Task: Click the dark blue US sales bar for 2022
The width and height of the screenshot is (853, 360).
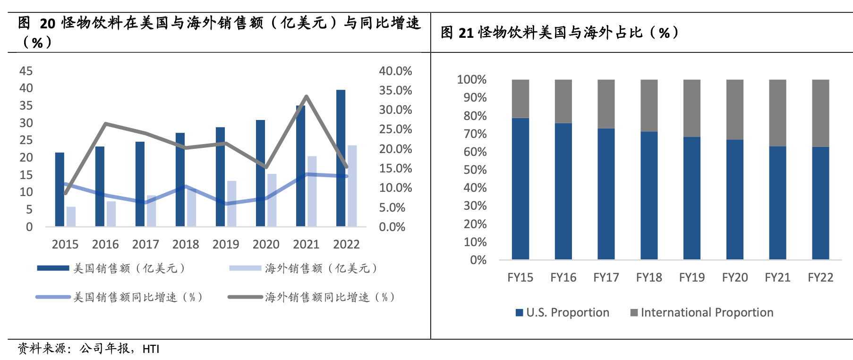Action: pyautogui.click(x=341, y=158)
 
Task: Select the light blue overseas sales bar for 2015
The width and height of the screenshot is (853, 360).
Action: pyautogui.click(x=71, y=216)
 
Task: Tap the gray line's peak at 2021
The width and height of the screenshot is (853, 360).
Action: pyautogui.click(x=307, y=96)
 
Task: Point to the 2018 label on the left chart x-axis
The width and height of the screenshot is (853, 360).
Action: pyautogui.click(x=186, y=244)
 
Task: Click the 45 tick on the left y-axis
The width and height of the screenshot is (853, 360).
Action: pyautogui.click(x=26, y=71)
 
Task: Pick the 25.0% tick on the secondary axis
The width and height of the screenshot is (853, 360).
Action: pyautogui.click(x=395, y=129)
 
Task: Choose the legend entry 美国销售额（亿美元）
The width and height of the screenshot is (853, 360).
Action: pyautogui.click(x=111, y=268)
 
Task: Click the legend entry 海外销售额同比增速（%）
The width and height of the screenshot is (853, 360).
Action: pyautogui.click(x=312, y=297)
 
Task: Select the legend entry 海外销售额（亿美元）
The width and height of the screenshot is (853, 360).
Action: pyautogui.click(x=303, y=268)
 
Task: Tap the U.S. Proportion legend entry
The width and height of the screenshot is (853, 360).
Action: pyautogui.click(x=563, y=312)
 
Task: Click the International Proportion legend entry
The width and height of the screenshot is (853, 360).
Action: pyautogui.click(x=702, y=312)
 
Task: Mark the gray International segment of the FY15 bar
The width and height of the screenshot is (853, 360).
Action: pyautogui.click(x=520, y=99)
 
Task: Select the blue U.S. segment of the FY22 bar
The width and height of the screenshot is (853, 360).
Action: pyautogui.click(x=820, y=203)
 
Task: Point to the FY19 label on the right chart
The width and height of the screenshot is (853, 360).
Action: pyautogui.click(x=692, y=277)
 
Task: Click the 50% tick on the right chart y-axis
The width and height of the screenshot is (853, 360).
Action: pyautogui.click(x=475, y=170)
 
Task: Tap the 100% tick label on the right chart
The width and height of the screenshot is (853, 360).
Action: pyautogui.click(x=472, y=79)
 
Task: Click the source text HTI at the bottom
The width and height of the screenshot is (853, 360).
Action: pyautogui.click(x=151, y=349)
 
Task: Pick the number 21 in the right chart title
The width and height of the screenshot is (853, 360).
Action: pyautogui.click(x=466, y=33)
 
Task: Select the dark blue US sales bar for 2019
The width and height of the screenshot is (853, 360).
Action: pyautogui.click(x=220, y=177)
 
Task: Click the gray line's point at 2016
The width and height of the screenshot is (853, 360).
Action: pyautogui.click(x=105, y=124)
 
